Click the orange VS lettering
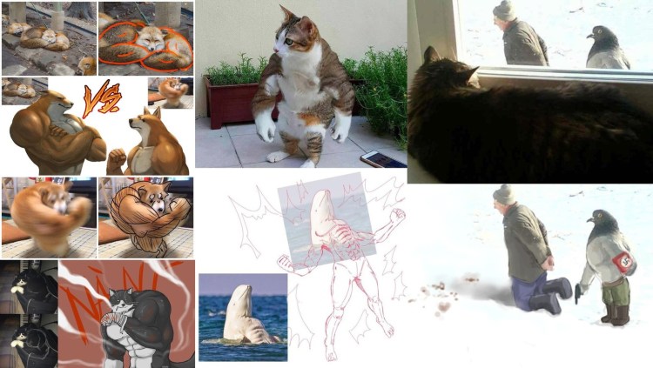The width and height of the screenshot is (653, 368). click(97, 100)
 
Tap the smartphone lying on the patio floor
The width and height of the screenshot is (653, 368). click(382, 159)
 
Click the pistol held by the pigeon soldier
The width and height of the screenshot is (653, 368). click(576, 294)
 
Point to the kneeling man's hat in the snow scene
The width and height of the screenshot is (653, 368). click(504, 194)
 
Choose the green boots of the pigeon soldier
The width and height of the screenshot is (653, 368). click(615, 311)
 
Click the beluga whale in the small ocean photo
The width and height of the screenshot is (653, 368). click(240, 317)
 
